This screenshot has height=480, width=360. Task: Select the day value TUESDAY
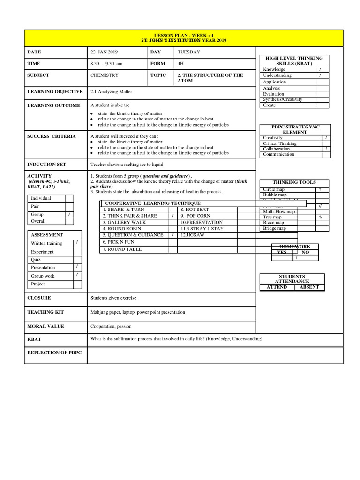point(188,52)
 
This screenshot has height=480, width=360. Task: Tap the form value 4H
point(181,64)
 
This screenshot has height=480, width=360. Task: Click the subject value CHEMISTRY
point(105,75)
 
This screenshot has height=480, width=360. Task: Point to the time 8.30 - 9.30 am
point(106,64)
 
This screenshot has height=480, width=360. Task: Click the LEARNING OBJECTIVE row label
point(55,92)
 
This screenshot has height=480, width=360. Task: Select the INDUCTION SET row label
point(46,165)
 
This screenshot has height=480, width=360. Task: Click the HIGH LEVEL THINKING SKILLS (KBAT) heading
point(294,61)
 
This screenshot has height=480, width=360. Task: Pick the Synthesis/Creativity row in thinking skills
point(283,99)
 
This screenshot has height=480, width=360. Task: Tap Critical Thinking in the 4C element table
point(280,143)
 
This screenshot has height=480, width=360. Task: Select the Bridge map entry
point(274,228)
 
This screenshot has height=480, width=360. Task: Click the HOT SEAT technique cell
point(195,210)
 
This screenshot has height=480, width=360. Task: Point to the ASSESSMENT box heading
point(47,235)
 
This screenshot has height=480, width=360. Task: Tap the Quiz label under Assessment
point(36,260)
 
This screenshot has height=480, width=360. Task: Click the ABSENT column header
point(309,287)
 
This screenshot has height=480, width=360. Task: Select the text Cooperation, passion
point(111,326)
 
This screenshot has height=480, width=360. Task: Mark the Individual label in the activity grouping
point(41,198)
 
